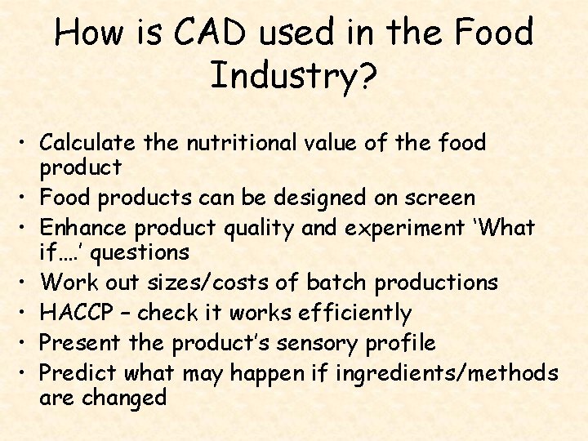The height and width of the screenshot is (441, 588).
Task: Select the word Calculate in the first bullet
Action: (x=87, y=143)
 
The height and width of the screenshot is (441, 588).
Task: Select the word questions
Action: (x=140, y=252)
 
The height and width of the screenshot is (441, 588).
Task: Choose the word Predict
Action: (x=79, y=373)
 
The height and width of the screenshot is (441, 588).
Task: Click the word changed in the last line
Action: (x=123, y=398)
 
